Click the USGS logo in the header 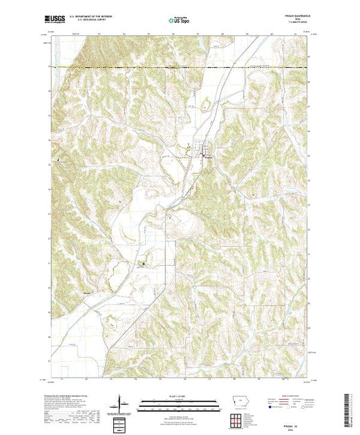tap(55, 21)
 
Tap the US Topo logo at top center tap(180, 21)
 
